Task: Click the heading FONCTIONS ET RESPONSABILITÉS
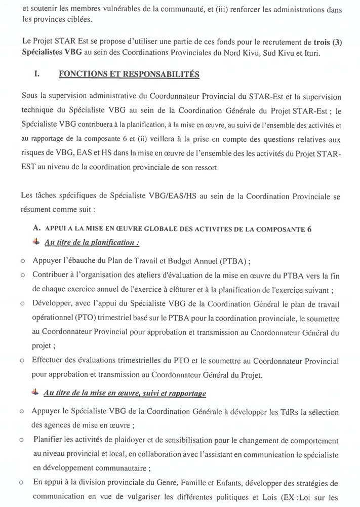click(x=129, y=74)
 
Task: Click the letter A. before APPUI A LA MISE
click(x=36, y=228)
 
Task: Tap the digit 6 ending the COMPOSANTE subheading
click(x=309, y=228)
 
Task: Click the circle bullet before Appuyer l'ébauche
click(x=23, y=262)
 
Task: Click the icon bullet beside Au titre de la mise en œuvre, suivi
click(x=35, y=393)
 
